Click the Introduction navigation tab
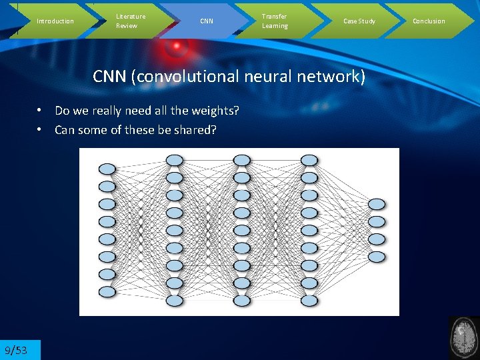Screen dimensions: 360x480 tap(55, 21)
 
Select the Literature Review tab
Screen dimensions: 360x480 tap(131, 21)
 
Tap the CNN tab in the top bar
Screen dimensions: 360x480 tap(207, 21)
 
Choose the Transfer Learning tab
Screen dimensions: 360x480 tap(275, 21)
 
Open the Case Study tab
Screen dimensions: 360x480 tap(359, 21)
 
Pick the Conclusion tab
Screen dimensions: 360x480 tap(429, 21)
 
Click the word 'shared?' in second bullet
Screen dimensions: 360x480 tap(194, 130)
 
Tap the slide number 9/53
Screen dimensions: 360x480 tap(16, 350)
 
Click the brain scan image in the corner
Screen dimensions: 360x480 tap(464, 338)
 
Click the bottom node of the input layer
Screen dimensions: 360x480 tap(107, 291)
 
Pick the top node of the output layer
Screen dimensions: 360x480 tap(377, 204)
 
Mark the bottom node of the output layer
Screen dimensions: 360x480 tap(377, 256)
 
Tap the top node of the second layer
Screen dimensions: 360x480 tap(174, 160)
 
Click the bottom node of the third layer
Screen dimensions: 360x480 tap(242, 301)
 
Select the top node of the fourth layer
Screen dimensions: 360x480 tap(309, 160)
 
